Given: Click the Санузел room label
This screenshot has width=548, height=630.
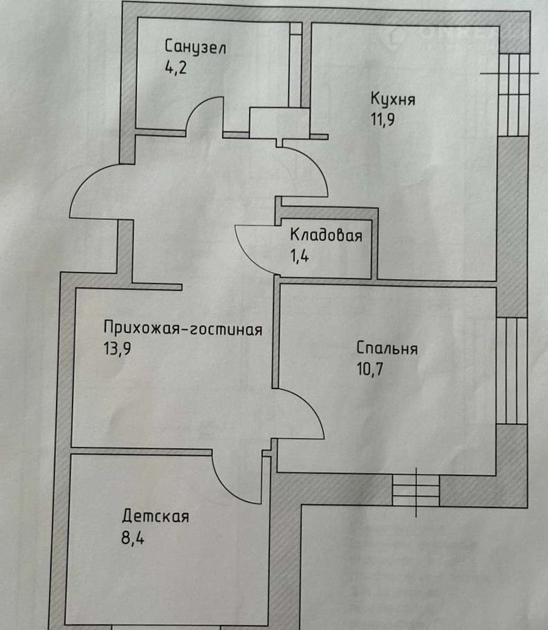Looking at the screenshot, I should pos(195,47).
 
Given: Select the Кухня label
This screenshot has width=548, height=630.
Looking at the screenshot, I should pos(392,99).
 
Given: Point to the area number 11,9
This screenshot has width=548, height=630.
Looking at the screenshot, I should pos(383,119).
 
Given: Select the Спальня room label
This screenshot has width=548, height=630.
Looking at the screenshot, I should pos(387,348).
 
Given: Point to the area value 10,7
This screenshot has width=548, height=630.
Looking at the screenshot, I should pos(369,368).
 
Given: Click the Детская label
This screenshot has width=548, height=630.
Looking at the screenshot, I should pos(156,516).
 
